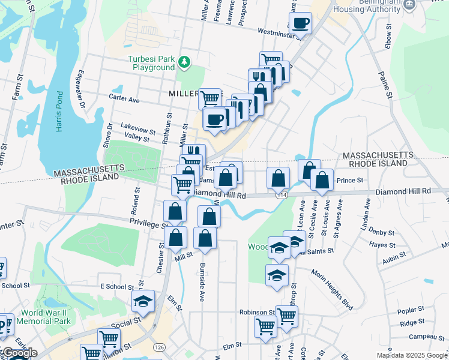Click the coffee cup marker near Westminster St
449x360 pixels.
[300, 23]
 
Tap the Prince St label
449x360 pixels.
[350, 180]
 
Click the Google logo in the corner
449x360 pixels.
[19, 353]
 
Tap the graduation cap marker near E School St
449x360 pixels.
[143, 301]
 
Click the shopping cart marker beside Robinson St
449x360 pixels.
[286, 315]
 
